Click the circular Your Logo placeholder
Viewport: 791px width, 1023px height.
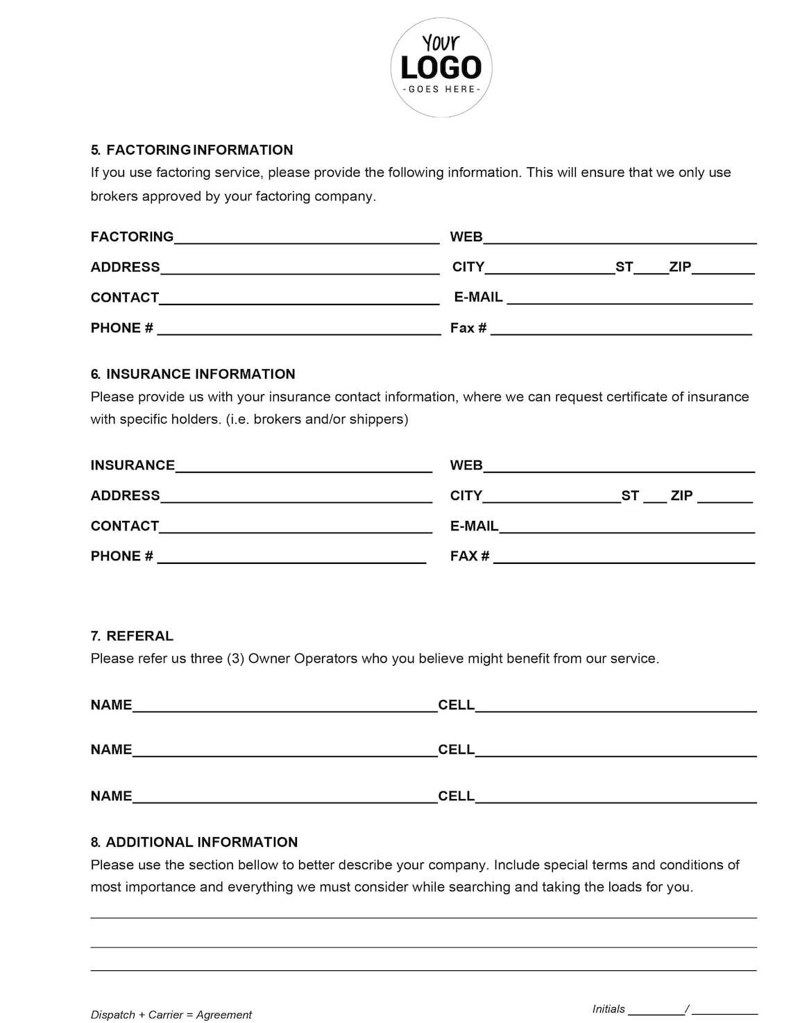[441, 67]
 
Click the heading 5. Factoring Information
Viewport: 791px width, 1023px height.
[192, 150]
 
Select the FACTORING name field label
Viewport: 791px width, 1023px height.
[132, 237]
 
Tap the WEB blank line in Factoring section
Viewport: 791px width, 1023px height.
[619, 238]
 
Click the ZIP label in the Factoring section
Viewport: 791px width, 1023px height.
[680, 266]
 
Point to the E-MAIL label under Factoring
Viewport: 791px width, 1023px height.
[478, 297]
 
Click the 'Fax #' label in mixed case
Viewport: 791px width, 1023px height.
[468, 328]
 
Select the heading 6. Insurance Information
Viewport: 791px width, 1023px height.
[192, 374]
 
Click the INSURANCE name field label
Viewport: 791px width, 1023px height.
[133, 465]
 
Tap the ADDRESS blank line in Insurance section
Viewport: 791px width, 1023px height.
[296, 497]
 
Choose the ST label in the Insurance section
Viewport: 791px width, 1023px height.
[630, 495]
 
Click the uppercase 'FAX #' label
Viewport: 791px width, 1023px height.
[470, 556]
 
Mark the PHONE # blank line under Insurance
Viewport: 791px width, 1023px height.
[291, 558]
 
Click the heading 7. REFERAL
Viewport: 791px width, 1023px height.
[132, 636]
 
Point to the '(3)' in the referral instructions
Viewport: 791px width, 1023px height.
[235, 658]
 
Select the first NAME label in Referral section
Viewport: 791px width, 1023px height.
[111, 705]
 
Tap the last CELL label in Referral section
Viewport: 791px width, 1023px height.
[456, 796]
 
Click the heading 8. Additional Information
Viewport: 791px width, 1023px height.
[194, 842]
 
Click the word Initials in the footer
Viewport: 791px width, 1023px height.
[609, 1009]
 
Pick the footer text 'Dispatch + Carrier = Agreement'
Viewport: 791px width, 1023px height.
[171, 1015]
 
